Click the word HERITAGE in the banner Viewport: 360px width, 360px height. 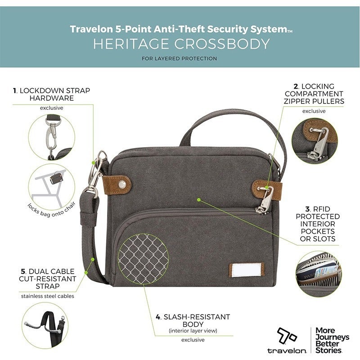(x=131, y=44)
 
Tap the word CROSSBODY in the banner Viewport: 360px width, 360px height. (x=222, y=44)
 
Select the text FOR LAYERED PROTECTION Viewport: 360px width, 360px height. (x=179, y=58)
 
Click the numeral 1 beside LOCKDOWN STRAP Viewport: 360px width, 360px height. (x=15, y=91)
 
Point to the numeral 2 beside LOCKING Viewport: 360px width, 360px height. (x=296, y=86)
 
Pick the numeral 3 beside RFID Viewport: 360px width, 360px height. (x=308, y=209)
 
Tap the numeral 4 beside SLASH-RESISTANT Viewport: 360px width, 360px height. (x=158, y=317)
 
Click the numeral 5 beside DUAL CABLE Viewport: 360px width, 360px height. (x=23, y=272)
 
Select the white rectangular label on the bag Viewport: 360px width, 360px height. (x=247, y=270)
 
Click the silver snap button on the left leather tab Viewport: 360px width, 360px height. (x=122, y=184)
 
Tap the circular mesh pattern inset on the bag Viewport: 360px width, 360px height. (x=143, y=259)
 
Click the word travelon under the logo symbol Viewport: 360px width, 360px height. (x=287, y=351)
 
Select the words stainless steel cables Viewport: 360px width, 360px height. (x=48, y=296)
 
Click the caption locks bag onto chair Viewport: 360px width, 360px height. (x=52, y=210)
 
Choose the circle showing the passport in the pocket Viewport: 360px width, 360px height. (x=319, y=274)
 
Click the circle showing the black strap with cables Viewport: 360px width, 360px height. (x=45, y=325)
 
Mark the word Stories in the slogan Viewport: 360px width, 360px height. (x=328, y=350)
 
